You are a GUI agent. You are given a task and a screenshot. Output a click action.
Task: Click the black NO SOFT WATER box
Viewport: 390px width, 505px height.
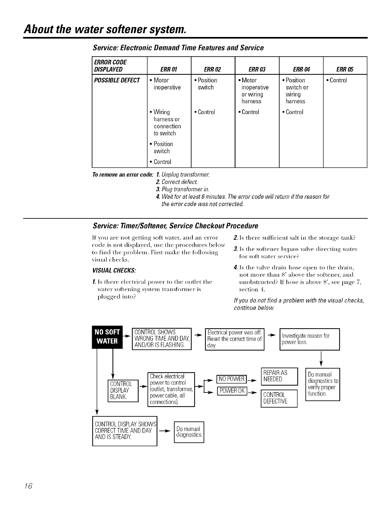(x=107, y=338)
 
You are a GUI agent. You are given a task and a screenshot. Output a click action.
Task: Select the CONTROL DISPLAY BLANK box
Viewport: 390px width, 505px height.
(x=123, y=390)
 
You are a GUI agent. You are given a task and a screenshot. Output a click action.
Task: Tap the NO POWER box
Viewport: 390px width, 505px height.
(x=232, y=379)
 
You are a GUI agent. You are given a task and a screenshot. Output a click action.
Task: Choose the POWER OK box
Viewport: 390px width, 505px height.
(x=232, y=391)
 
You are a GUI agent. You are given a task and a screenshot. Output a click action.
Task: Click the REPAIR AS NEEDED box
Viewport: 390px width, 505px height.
(x=279, y=376)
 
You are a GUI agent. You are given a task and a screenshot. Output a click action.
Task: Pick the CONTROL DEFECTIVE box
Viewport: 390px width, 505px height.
(x=279, y=398)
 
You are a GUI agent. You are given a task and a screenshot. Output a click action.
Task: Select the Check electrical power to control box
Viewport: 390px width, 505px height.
(x=171, y=389)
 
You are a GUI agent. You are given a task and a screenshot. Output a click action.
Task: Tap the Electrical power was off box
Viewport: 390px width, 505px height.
(x=235, y=339)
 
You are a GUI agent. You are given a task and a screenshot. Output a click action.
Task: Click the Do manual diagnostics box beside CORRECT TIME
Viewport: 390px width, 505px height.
(x=189, y=432)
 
